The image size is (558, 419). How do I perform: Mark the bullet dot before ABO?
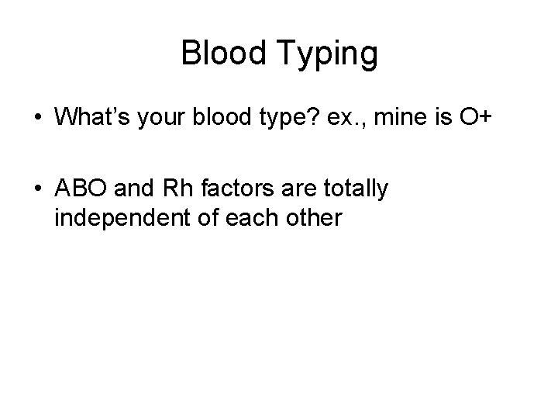tap(37, 190)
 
